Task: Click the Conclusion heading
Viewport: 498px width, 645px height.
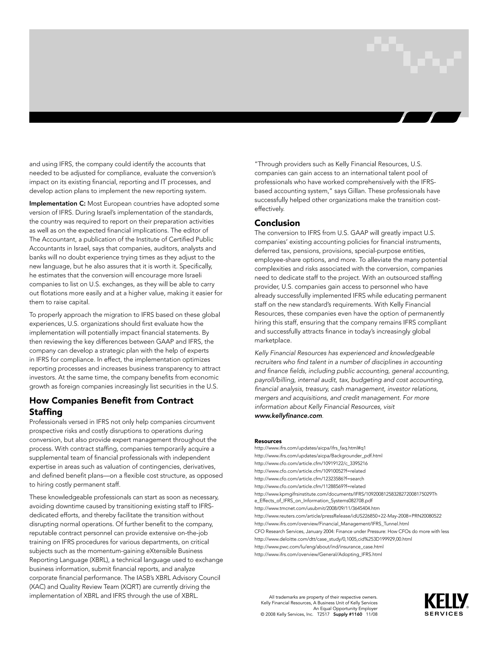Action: [277, 223]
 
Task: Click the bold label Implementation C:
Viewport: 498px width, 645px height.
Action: [57, 203]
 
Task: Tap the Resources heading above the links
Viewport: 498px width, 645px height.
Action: [268, 441]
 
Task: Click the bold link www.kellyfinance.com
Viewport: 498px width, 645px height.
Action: [288, 416]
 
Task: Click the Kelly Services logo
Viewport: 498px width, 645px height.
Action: [446, 605]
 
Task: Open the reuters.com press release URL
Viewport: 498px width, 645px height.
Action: [347, 516]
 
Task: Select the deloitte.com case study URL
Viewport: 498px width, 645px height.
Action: [333, 539]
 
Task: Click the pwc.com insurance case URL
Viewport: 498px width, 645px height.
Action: [319, 547]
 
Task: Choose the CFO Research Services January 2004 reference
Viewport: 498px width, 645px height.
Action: [351, 531]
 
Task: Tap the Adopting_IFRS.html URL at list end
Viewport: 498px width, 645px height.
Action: [318, 554]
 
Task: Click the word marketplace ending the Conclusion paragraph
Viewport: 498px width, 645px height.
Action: [273, 341]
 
